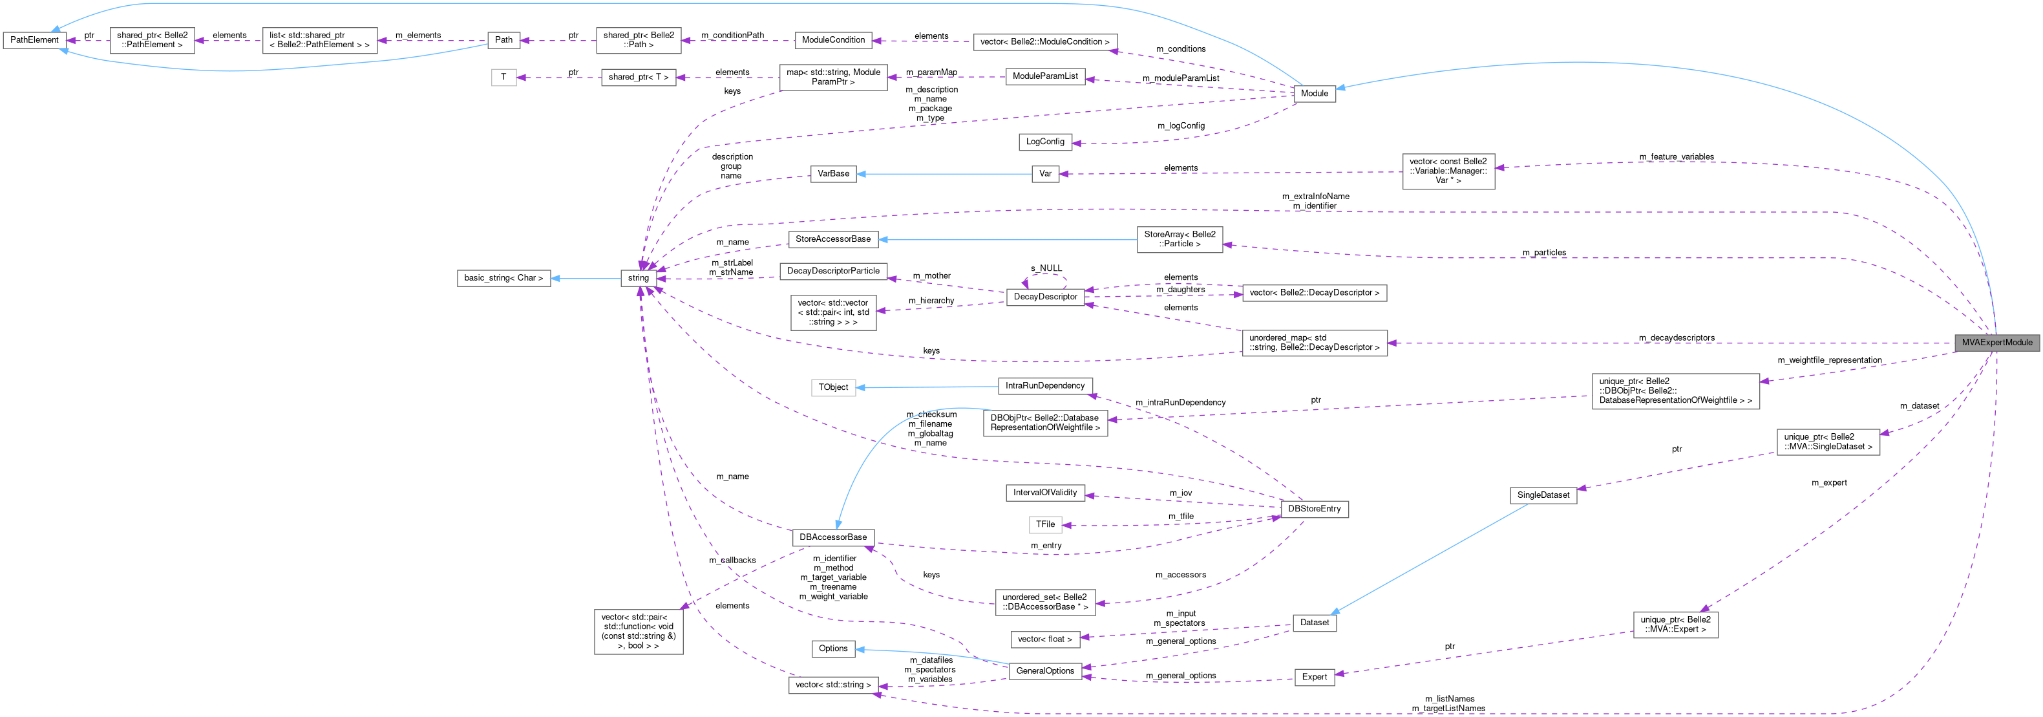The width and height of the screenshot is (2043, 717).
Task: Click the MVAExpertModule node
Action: click(x=1996, y=343)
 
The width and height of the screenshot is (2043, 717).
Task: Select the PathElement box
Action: click(x=34, y=39)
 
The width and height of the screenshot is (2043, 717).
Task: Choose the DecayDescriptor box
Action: click(x=1045, y=297)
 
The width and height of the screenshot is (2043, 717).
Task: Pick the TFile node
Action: click(x=1045, y=524)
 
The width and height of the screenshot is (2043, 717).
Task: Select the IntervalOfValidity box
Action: click(x=1044, y=493)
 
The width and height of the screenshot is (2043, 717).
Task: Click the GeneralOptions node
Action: click(x=1044, y=671)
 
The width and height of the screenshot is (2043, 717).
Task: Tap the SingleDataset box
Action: click(x=1543, y=495)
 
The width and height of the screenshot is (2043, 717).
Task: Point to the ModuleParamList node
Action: click(x=1044, y=76)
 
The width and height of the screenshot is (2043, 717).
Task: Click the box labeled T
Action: click(x=503, y=77)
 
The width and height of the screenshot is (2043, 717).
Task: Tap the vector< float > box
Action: click(x=1044, y=639)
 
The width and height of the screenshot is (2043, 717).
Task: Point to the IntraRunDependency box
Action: click(x=1044, y=386)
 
